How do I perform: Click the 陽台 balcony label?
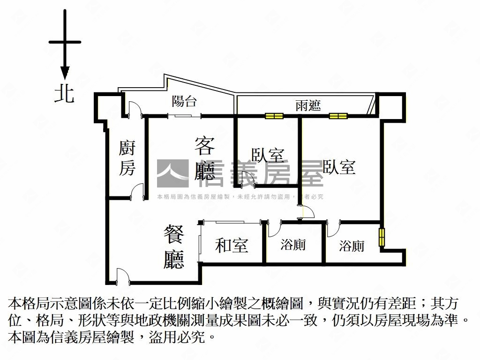[x=184, y=101]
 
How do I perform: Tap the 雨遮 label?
[x=308, y=105]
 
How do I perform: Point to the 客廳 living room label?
[x=205, y=158]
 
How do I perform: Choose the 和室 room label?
[x=232, y=245]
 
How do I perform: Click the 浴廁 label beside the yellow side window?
[x=352, y=246]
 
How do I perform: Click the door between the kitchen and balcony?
[x=135, y=111]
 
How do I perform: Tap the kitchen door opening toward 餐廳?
[x=137, y=192]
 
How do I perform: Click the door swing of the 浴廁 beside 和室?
[x=274, y=228]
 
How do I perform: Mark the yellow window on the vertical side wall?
[x=382, y=237]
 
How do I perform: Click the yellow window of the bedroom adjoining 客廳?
[x=274, y=116]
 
